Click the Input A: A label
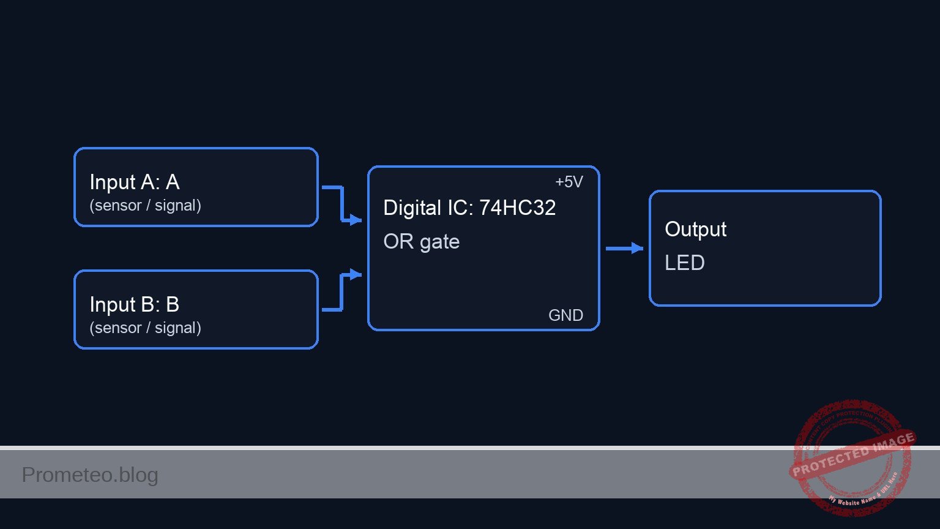point(134,182)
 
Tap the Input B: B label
point(134,304)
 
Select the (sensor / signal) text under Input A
point(145,205)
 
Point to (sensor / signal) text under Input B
point(145,328)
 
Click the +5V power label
point(569,182)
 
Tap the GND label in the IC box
point(565,315)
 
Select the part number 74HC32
point(517,208)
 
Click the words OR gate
point(421,241)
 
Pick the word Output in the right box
point(695,229)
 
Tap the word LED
point(684,263)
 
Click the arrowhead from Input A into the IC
point(356,220)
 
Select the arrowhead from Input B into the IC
point(356,274)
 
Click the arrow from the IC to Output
point(625,248)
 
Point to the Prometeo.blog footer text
point(90,475)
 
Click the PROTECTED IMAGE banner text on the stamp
point(853,454)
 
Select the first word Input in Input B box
point(113,304)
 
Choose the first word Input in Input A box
point(113,182)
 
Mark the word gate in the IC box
point(439,242)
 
